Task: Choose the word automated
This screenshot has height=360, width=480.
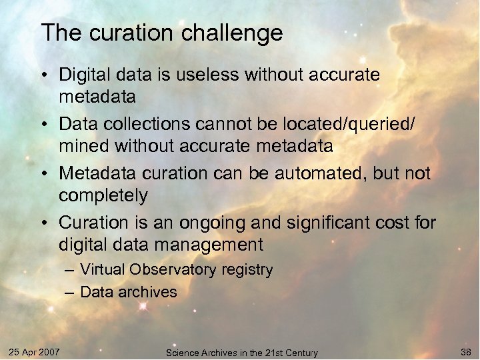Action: [289, 173]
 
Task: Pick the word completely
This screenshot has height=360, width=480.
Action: [103, 196]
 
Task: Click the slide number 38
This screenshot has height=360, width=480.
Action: [465, 351]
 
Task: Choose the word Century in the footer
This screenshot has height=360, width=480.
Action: [300, 353]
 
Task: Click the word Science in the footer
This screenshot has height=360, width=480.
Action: [181, 353]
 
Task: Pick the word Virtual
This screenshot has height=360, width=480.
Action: [102, 270]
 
